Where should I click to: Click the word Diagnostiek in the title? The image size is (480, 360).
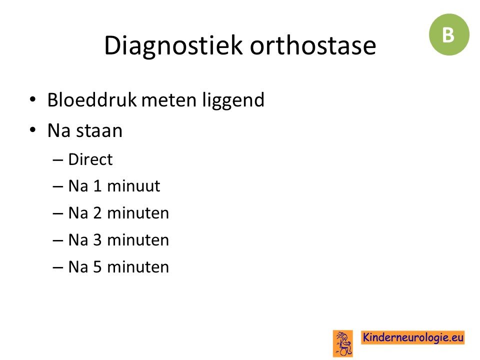[173, 45]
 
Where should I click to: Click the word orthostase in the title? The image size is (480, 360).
[313, 45]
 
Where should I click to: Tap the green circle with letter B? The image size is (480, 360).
[449, 34]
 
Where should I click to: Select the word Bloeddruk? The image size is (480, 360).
[92, 99]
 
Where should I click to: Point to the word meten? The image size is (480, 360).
[168, 100]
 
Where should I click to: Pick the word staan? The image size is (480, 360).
[99, 131]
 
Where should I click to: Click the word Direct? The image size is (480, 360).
[90, 159]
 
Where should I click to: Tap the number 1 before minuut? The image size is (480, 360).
[97, 186]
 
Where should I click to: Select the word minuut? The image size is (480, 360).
[134, 186]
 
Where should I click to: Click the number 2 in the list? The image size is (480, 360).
[97, 213]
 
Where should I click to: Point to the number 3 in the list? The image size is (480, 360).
[97, 239]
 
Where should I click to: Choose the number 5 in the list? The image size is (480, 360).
[97, 266]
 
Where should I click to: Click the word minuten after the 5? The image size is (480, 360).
[138, 267]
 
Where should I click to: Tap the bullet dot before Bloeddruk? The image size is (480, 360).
[32, 99]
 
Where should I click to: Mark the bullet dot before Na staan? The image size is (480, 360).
[32, 130]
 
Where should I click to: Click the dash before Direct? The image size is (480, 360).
[58, 160]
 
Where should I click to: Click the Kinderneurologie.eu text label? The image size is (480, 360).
[413, 337]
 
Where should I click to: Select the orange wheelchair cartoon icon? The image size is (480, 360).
[343, 343]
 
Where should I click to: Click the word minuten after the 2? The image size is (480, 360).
[138, 213]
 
